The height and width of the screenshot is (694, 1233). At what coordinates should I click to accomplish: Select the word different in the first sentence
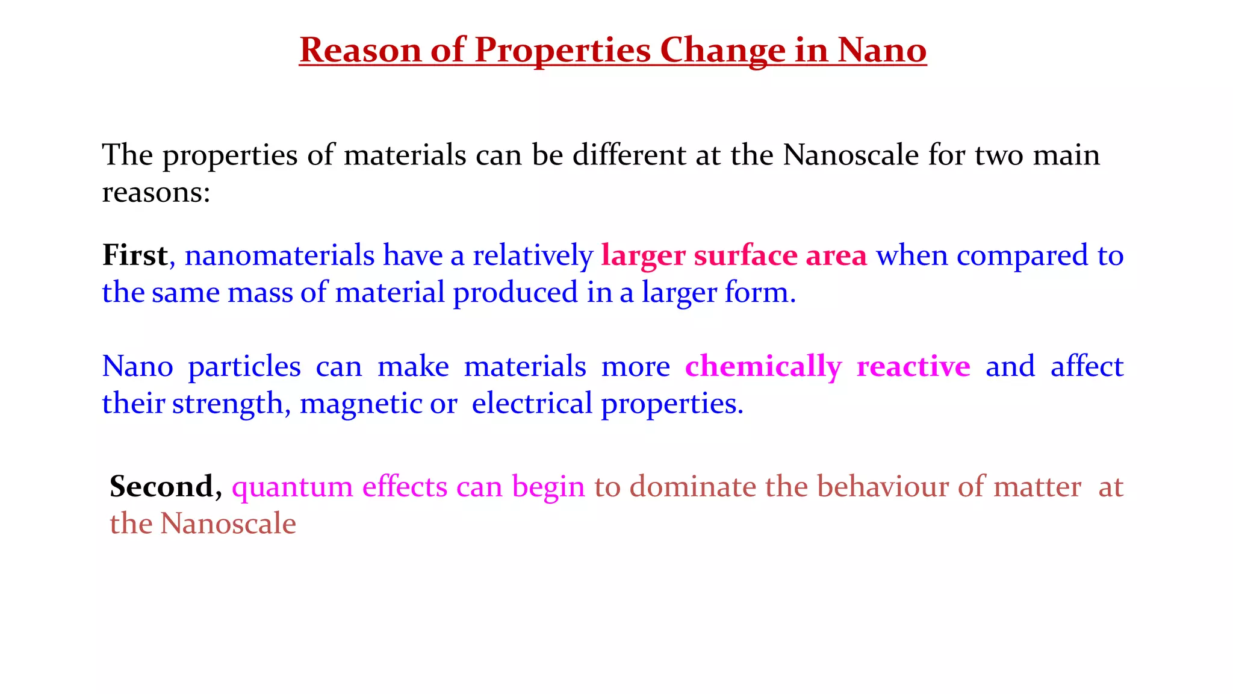point(629,155)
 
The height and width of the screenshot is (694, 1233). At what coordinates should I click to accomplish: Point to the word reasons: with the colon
point(156,193)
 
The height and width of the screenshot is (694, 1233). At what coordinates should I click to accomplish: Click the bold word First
point(134,255)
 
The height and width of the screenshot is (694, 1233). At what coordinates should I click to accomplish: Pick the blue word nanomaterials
point(279,255)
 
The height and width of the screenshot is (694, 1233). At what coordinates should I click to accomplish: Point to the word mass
point(260,293)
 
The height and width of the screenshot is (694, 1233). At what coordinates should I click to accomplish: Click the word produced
point(515,293)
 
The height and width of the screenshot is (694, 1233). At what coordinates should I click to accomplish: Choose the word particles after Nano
point(244,367)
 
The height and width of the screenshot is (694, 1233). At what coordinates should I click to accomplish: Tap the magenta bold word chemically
point(763,367)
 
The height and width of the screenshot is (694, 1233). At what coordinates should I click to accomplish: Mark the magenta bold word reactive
point(913,366)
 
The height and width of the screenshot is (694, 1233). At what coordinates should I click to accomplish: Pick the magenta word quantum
point(292,487)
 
